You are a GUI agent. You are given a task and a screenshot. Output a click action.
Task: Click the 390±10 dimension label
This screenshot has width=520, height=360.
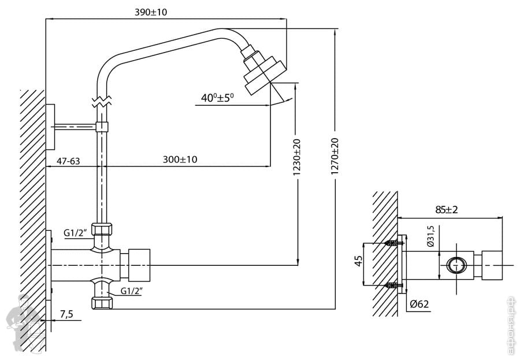coord(151,12)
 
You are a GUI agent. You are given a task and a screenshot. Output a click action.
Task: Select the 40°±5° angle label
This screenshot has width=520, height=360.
coord(217,98)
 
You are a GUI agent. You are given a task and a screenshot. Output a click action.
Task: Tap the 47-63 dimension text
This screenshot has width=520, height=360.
coord(68,161)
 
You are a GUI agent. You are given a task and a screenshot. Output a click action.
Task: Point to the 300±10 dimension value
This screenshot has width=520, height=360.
coord(180,159)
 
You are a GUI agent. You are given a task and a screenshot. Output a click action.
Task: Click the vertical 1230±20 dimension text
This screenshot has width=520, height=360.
coord(297,157)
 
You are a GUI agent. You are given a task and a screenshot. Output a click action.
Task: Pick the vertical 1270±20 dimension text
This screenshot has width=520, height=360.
coord(335,156)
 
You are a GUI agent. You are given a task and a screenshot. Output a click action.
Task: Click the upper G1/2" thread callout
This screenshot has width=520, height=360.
coord(75,233)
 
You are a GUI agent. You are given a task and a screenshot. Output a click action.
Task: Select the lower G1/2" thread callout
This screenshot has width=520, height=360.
coord(131,291)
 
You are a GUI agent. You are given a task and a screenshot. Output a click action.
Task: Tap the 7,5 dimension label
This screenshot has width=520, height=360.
coord(66,314)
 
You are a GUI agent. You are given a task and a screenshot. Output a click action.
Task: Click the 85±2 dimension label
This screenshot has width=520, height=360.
coord(447,210)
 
